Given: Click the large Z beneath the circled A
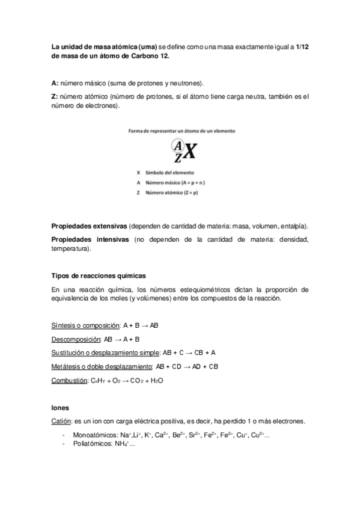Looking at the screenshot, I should click(177, 158).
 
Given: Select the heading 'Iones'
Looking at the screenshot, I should click(61, 407).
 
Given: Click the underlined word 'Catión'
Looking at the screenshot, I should click(62, 420).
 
